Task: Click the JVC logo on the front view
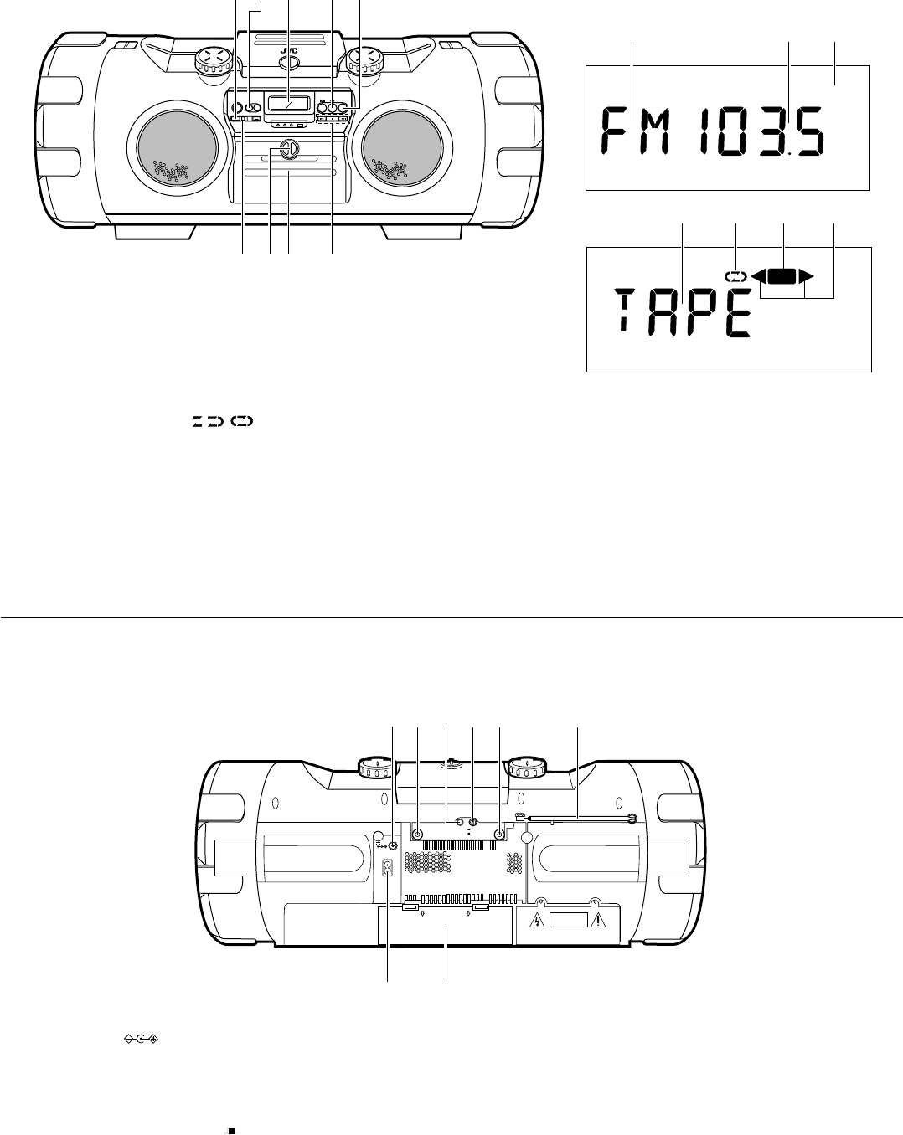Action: (289, 51)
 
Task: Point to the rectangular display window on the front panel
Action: (288, 103)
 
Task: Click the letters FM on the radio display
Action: (637, 131)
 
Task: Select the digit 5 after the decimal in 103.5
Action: (809, 131)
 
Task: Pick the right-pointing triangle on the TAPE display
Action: (806, 276)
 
